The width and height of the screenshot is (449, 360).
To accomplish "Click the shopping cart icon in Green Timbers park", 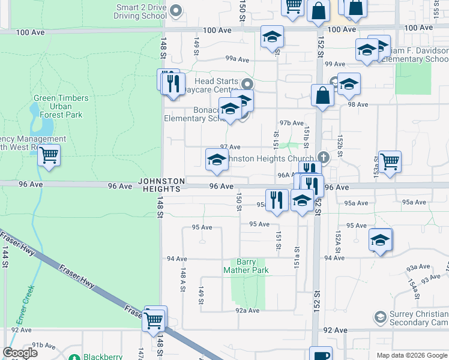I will pos(49,155).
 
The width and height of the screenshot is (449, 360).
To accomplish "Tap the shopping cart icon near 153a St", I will pos(390,160).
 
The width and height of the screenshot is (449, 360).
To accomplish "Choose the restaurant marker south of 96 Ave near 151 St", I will pos(276,199).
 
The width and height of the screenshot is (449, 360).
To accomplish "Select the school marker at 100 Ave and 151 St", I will pos(272,37).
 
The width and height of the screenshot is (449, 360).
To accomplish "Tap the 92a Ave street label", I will pos(247,311).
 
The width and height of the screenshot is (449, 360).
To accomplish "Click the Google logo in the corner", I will pos(20,352).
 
